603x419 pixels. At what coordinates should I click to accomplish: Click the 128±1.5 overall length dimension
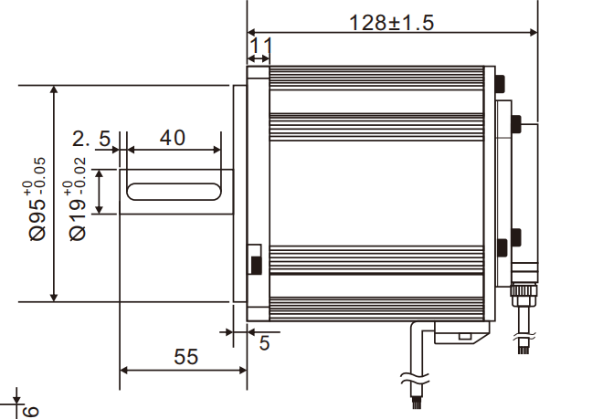click(391, 21)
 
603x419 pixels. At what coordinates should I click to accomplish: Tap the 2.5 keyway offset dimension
click(91, 139)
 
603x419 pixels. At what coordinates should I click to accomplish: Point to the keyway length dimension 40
click(172, 138)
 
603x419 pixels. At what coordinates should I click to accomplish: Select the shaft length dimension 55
click(185, 357)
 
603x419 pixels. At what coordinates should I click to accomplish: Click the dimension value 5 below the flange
click(264, 343)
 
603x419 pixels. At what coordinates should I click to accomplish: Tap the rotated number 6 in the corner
click(30, 410)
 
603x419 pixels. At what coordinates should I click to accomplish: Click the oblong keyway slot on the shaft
click(173, 191)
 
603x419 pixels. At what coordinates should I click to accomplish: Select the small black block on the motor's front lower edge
click(256, 265)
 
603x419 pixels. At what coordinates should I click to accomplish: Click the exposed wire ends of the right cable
click(524, 346)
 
